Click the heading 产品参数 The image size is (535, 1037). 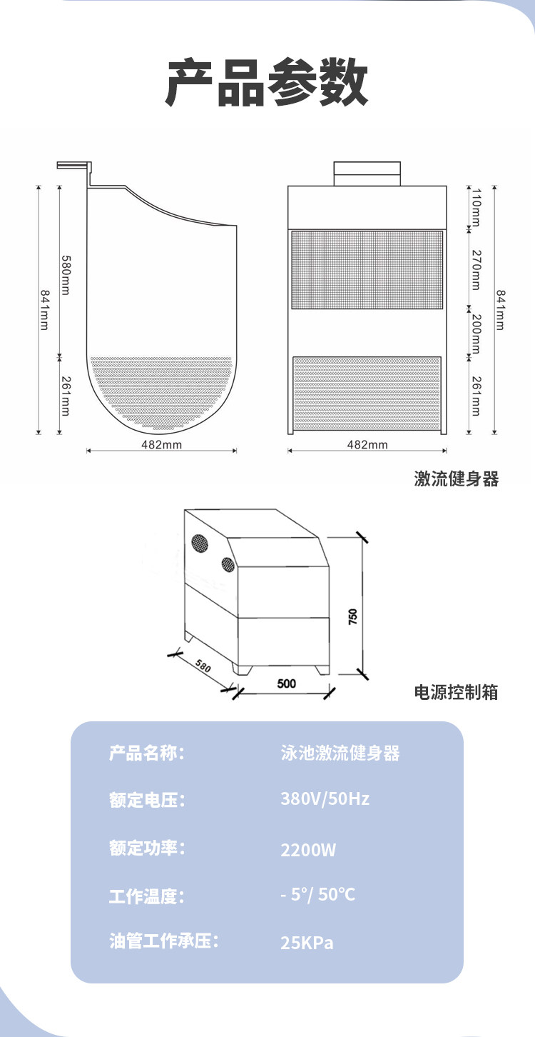(267, 83)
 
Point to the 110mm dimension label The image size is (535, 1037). (476, 206)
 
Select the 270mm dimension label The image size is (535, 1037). (476, 269)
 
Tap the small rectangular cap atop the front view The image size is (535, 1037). (367, 174)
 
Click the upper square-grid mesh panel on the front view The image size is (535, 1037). (367, 270)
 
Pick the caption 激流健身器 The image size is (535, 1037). (457, 479)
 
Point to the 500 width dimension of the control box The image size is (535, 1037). (286, 683)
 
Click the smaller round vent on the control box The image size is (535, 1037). (227, 563)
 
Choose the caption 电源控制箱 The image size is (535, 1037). (457, 692)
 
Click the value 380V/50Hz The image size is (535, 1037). (325, 798)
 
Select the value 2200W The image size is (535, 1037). (308, 851)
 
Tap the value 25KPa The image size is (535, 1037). (307, 943)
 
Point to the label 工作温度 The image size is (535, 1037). (147, 896)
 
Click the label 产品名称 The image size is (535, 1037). (147, 753)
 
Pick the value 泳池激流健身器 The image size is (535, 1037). (340, 753)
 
